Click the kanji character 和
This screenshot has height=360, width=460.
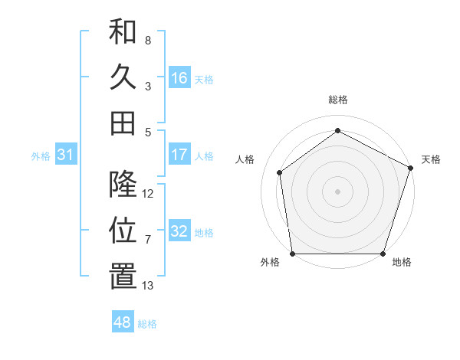123,33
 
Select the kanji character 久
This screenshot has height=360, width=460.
123,77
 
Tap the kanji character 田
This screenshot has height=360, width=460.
123,123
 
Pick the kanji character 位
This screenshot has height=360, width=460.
123,231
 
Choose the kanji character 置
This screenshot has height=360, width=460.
123,277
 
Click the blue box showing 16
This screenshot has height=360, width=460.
179,78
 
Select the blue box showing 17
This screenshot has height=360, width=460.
179,155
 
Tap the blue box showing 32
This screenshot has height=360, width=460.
179,231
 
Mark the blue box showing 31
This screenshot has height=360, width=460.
66,155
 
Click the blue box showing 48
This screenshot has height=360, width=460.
123,322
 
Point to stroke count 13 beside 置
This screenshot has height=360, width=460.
148,286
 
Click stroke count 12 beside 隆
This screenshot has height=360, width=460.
148,193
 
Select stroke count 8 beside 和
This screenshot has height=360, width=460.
148,40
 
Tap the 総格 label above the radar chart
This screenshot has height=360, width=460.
337,100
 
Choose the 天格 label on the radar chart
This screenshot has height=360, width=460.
431,159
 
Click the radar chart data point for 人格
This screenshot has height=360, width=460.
280,172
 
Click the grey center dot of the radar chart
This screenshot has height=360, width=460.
337,191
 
